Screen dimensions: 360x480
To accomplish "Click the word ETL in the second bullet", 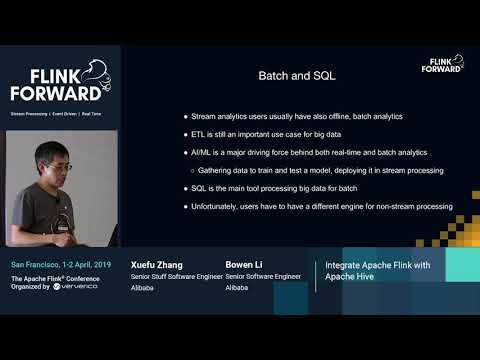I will [x=198, y=135].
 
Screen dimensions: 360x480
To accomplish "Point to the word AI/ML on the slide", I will [x=202, y=153].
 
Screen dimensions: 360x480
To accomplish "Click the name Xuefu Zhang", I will [x=154, y=264].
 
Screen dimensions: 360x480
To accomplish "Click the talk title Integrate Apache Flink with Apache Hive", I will [x=371, y=270].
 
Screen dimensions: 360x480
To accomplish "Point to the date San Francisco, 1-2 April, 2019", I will [x=61, y=264].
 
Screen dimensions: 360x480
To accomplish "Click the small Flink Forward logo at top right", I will [x=441, y=64].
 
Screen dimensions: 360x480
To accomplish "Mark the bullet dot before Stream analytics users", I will [x=185, y=117].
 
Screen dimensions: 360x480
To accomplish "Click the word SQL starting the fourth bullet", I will [x=199, y=189].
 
